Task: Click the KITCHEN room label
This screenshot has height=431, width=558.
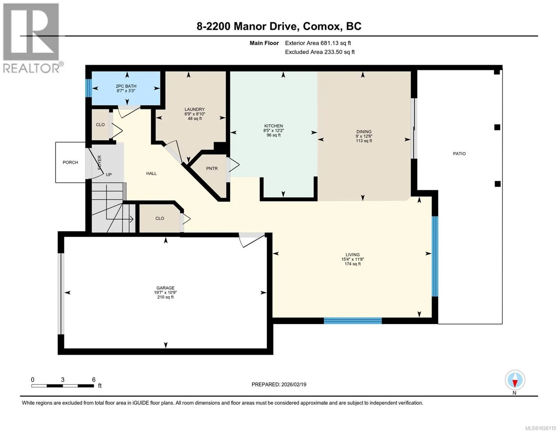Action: pos(273,126)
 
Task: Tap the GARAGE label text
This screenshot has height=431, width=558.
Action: pos(165,288)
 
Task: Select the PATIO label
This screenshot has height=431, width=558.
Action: pos(459,153)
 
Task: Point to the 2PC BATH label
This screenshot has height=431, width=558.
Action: pos(126,86)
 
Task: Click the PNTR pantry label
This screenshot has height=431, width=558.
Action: pos(212,168)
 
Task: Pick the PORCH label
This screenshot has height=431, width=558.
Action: pos(70,162)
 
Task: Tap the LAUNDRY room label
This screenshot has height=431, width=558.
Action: pos(195,109)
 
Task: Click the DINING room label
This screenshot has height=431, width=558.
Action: pos(364,132)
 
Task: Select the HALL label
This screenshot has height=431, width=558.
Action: pos(152,173)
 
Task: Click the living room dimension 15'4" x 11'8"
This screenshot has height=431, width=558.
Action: pos(352,259)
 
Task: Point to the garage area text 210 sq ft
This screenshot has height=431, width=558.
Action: pos(165,297)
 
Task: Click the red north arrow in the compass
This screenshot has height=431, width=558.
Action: pos(515,384)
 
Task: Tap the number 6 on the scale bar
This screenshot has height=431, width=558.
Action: pos(94,380)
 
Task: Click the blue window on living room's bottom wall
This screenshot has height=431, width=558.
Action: pos(352,321)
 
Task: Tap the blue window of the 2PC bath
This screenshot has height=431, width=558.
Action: pos(89,88)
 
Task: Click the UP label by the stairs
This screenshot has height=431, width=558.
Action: pos(109,175)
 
